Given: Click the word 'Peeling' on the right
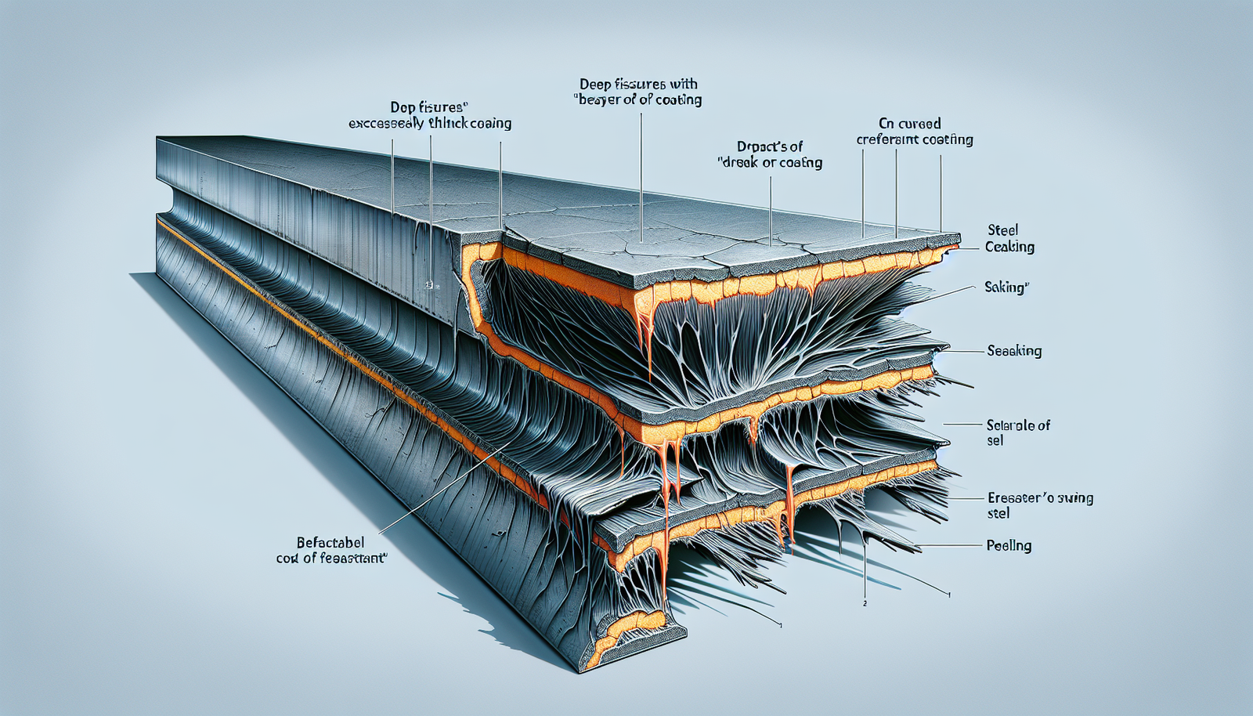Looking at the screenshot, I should tap(1009, 545).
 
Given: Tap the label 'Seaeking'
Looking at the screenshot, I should tap(1014, 351).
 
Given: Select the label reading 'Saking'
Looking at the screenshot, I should tap(1006, 287).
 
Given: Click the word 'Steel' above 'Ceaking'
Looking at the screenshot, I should tap(1002, 230).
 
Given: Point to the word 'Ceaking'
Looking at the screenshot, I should tap(1009, 247).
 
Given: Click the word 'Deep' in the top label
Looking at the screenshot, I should tap(594, 84).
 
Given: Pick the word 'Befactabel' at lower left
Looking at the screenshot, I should tap(330, 542).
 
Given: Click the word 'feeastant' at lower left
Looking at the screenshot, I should tap(350, 559).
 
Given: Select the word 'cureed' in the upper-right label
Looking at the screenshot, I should tap(919, 123).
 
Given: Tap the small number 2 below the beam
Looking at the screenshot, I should tap(864, 604).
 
